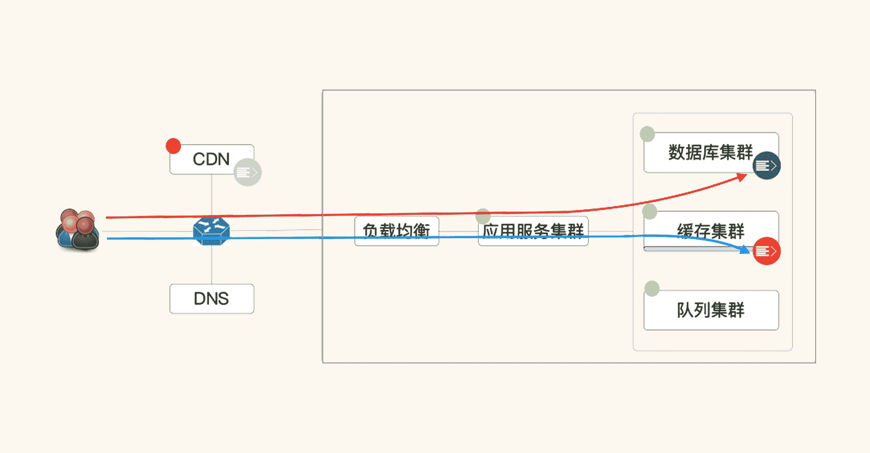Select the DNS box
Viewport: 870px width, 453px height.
tap(211, 299)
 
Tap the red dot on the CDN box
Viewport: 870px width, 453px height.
tap(173, 146)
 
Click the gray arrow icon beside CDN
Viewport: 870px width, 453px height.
tap(248, 173)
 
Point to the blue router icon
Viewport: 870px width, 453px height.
tap(211, 231)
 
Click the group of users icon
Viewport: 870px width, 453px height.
tap(77, 230)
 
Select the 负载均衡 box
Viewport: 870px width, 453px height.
tap(396, 231)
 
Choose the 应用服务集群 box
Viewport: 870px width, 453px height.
tap(533, 231)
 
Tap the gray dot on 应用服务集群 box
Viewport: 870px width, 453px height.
tap(483, 216)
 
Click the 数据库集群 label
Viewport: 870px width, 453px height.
tap(710, 152)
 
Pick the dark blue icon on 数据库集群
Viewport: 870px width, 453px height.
tap(766, 166)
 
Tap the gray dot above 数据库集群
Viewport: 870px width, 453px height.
tap(647, 134)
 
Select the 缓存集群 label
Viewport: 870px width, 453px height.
tap(710, 231)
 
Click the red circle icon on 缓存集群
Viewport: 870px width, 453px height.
tap(766, 251)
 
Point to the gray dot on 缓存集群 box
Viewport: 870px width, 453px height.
tap(649, 212)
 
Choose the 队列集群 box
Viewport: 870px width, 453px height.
tap(711, 310)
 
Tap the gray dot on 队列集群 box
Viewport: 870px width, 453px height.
tap(652, 289)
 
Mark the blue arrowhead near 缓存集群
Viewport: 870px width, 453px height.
tap(746, 250)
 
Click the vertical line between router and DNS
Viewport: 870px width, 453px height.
tap(212, 265)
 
